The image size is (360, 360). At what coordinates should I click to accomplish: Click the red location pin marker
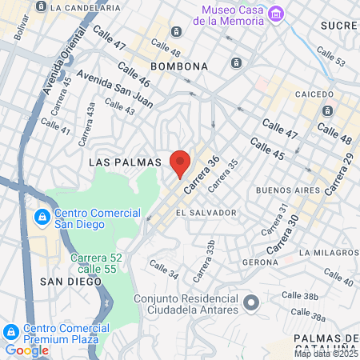180,163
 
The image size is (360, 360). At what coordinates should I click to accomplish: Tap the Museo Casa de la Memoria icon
277,14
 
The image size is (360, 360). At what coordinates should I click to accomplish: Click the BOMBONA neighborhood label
179,66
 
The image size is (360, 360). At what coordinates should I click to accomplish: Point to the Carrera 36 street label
201,174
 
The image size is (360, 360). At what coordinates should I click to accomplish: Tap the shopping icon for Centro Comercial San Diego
41,217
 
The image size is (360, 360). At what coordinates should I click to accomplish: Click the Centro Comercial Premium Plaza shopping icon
11,331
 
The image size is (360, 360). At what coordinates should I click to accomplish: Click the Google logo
26,350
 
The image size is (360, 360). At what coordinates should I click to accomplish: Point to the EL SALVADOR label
206,213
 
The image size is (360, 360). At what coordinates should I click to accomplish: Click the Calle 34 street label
163,270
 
